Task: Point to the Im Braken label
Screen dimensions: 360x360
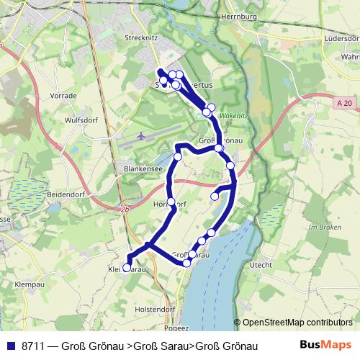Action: click(x=323, y=227)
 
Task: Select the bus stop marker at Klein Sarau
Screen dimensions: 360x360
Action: click(x=127, y=268)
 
